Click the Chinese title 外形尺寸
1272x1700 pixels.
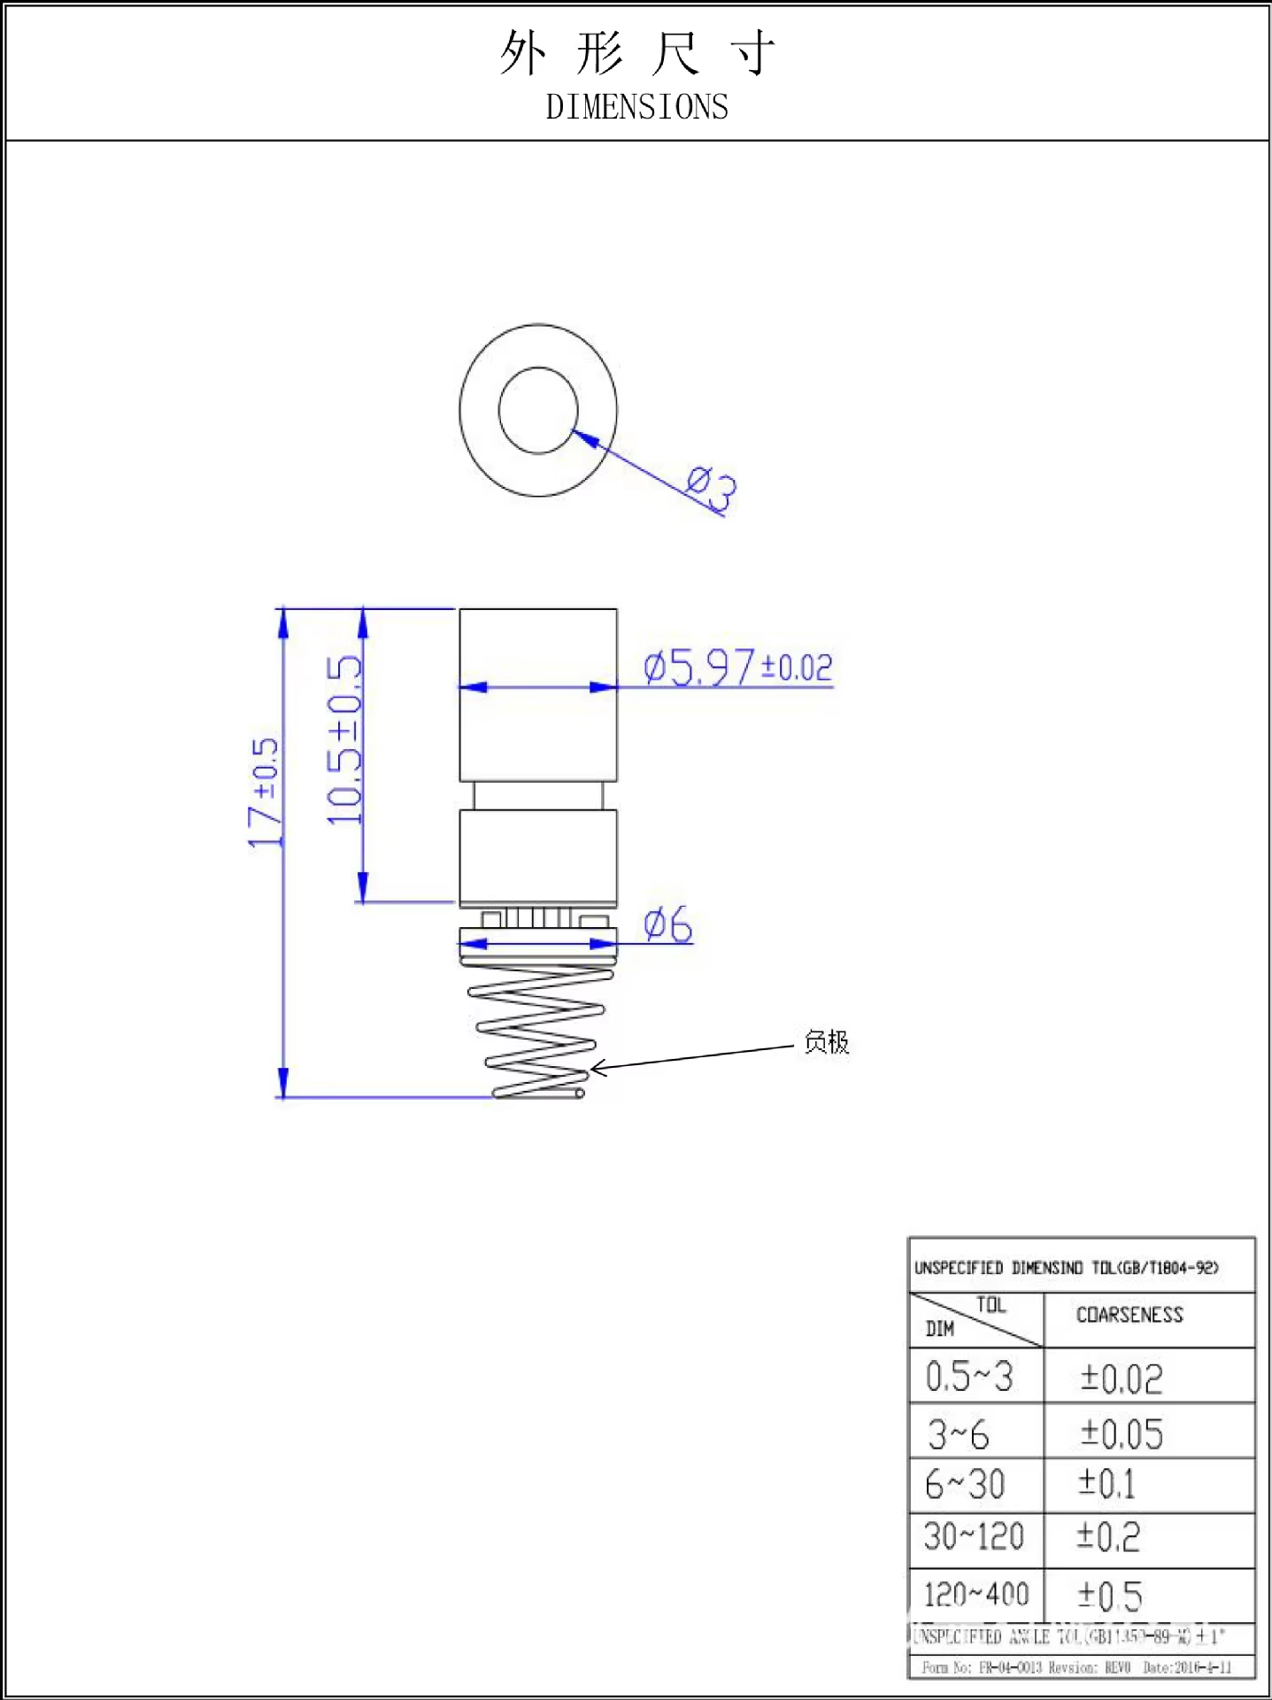[636, 53]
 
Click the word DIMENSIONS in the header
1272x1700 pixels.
[636, 107]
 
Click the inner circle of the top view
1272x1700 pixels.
[537, 410]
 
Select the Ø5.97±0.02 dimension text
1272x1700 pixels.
[737, 667]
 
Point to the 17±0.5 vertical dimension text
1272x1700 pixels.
[264, 792]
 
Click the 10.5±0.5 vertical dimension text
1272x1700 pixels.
[344, 739]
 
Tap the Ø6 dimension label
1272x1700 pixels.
[668, 924]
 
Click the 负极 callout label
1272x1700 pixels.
[826, 1042]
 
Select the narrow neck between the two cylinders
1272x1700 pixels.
[537, 795]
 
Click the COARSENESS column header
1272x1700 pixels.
[1129, 1315]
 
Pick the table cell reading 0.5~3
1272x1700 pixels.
[969, 1377]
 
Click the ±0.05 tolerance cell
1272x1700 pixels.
[1122, 1433]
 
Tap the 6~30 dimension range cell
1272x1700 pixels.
[965, 1485]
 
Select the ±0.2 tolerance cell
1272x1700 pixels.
[1108, 1537]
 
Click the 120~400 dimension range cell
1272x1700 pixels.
[976, 1595]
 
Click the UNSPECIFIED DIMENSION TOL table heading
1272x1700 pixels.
[1067, 1268]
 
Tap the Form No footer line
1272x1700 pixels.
[1075, 1667]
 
